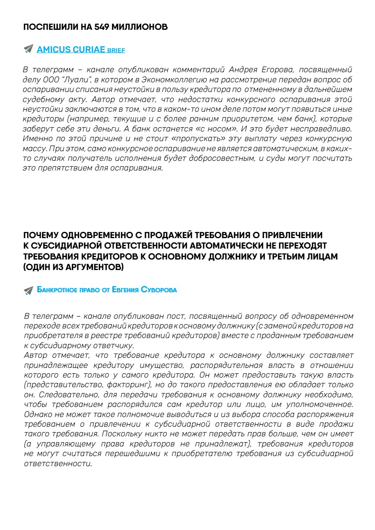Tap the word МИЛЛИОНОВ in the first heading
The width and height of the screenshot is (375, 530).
(142, 27)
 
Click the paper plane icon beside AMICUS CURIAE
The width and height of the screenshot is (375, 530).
(29, 49)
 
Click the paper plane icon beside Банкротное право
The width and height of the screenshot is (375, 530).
(29, 290)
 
